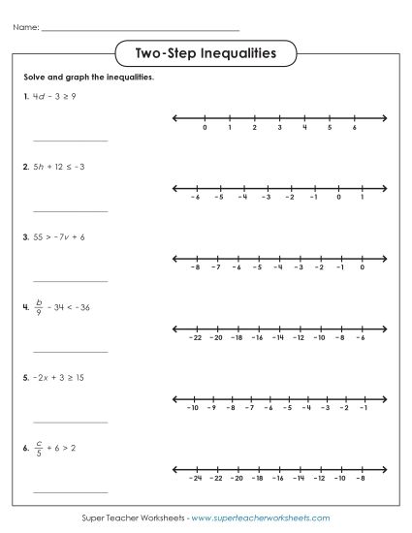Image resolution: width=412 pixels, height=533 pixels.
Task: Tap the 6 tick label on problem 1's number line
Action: [x=355, y=127]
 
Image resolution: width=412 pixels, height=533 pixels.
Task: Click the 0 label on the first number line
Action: [x=205, y=127]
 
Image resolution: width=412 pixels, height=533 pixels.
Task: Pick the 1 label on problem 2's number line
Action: [x=362, y=197]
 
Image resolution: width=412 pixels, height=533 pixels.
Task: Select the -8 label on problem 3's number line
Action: [x=195, y=266]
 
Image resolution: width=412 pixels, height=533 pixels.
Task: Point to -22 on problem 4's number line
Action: [x=195, y=337]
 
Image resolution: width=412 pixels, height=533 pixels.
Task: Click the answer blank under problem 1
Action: [x=71, y=141]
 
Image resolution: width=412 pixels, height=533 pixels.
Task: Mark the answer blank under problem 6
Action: [x=71, y=492]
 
